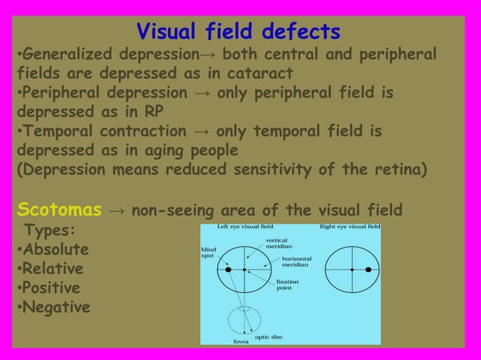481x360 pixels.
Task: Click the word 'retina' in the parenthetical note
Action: coord(394,170)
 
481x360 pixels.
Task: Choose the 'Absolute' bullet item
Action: coord(54,249)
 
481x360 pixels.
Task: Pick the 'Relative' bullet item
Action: coord(53,268)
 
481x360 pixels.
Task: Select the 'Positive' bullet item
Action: coord(53,288)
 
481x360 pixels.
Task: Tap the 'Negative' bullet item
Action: coord(55,307)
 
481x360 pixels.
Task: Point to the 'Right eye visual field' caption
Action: coord(350,227)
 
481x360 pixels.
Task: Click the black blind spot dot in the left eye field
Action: coord(228,269)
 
